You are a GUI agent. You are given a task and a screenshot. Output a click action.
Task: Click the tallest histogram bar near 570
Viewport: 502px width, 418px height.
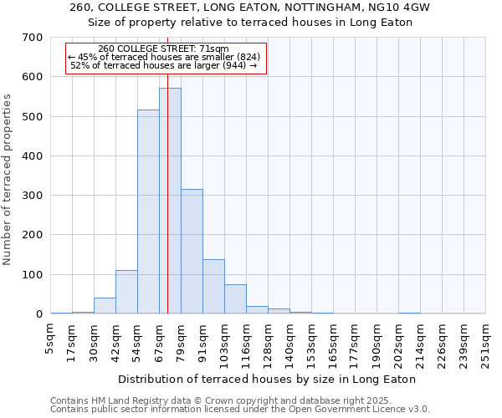pyautogui.click(x=170, y=201)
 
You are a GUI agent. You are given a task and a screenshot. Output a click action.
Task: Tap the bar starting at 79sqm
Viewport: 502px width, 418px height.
pyautogui.click(x=192, y=251)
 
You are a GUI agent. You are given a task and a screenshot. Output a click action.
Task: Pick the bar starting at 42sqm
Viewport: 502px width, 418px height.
pyautogui.click(x=126, y=292)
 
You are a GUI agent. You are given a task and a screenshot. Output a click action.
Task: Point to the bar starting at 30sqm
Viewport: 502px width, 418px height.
pyautogui.click(x=105, y=305)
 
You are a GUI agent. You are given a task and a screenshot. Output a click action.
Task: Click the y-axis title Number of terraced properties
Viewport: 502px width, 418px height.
pyautogui.click(x=8, y=180)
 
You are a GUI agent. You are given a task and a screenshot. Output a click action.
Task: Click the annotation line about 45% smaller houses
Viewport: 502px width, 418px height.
pyautogui.click(x=164, y=57)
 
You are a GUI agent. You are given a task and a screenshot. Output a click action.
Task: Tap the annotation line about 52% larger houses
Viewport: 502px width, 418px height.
pyautogui.click(x=163, y=65)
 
